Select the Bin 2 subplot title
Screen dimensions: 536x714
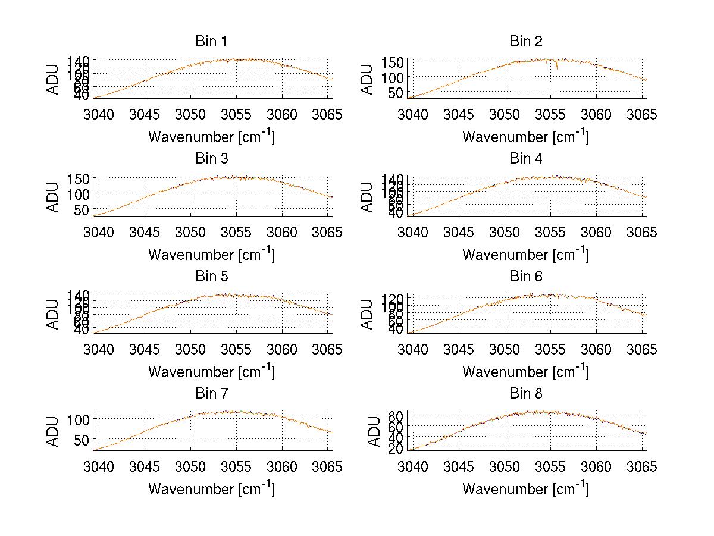coord(525,42)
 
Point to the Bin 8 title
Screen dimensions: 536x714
coord(525,394)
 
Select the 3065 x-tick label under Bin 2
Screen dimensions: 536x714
coord(642,114)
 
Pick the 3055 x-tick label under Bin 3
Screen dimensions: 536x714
coord(236,232)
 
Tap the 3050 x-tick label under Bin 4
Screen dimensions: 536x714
coord(505,232)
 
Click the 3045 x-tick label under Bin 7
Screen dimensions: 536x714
coord(145,467)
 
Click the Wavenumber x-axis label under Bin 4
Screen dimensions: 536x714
coord(525,254)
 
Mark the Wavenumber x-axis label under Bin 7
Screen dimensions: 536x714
coord(211,489)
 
